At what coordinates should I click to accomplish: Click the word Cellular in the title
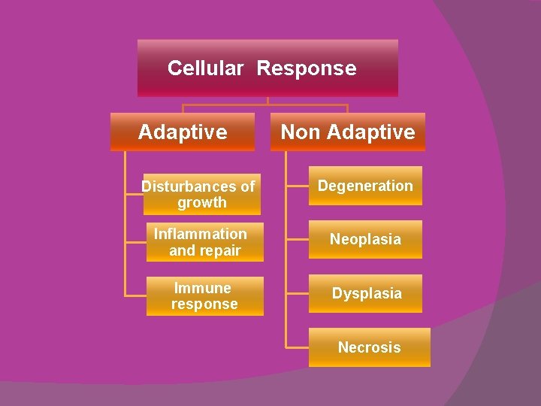pyautogui.click(x=205, y=68)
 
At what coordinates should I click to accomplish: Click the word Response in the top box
pyautogui.click(x=307, y=68)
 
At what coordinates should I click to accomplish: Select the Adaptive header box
pyautogui.click(x=183, y=132)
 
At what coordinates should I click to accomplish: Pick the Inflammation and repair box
pyautogui.click(x=204, y=242)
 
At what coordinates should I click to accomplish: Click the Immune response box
pyautogui.click(x=204, y=296)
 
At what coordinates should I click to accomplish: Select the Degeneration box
pyautogui.click(x=365, y=186)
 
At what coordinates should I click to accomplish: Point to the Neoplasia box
pyautogui.click(x=365, y=240)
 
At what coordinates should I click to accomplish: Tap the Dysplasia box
pyautogui.click(x=366, y=294)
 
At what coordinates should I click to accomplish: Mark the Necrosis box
pyautogui.click(x=369, y=347)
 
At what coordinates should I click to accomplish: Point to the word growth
pyautogui.click(x=202, y=203)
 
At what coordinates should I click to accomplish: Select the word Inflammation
pyautogui.click(x=200, y=234)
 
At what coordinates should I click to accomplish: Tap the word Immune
pyautogui.click(x=202, y=288)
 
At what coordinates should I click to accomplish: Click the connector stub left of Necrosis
pyautogui.click(x=298, y=347)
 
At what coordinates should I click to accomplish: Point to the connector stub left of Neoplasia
pyautogui.click(x=298, y=240)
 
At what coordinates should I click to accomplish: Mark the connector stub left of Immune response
pyautogui.click(x=135, y=296)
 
